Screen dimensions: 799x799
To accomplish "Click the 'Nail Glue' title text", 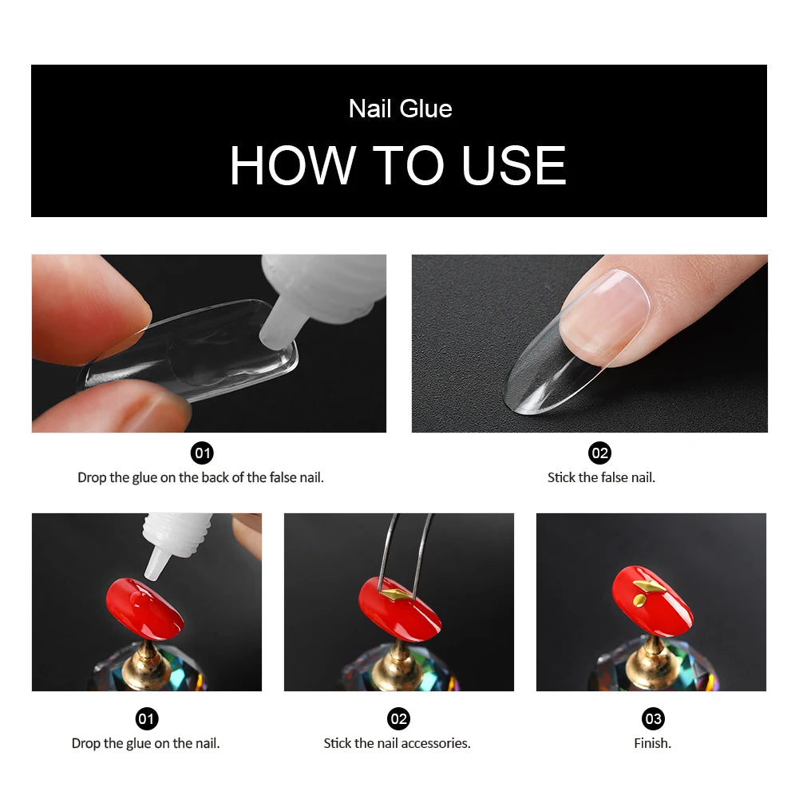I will [400, 109].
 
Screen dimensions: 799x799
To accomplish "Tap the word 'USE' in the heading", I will [514, 166].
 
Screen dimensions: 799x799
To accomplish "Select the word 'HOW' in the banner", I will [292, 166].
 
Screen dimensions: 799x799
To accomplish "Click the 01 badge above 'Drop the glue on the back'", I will [203, 453].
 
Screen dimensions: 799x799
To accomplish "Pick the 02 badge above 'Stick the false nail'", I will [599, 453].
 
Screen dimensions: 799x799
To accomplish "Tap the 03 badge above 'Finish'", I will [653, 719].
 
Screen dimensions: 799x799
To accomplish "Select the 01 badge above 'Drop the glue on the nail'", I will [146, 719].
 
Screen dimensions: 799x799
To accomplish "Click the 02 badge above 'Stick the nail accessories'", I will [398, 719].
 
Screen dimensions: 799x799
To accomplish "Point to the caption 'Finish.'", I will [652, 743].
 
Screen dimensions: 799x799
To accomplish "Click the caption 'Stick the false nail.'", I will [601, 477].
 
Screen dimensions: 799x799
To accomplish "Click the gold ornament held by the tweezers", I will [396, 594].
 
